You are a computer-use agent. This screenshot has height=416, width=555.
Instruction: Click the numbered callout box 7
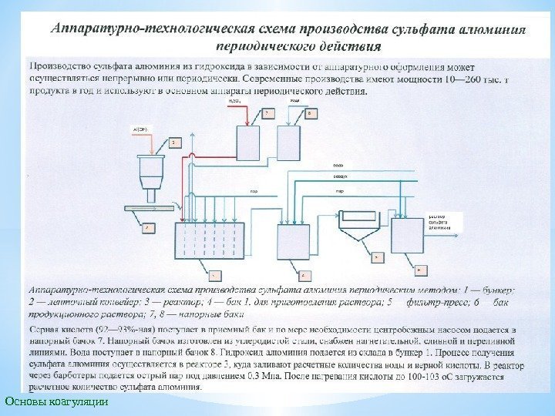(x=267, y=113)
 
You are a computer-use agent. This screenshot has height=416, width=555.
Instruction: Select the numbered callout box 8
(x=310, y=113)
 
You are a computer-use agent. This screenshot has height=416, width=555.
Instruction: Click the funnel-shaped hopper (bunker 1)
(x=151, y=171)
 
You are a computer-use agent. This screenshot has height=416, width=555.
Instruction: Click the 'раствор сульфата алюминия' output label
(x=440, y=223)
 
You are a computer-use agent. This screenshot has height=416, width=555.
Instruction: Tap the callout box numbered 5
(x=376, y=258)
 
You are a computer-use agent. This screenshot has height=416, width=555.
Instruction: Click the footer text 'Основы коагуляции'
(x=56, y=401)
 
